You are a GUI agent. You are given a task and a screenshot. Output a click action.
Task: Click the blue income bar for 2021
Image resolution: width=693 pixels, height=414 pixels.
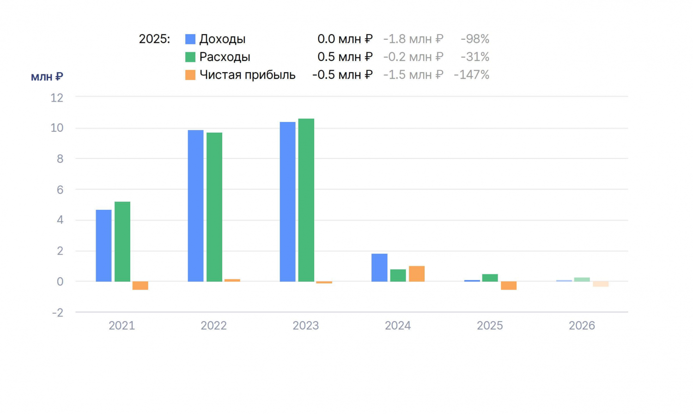click(x=103, y=246)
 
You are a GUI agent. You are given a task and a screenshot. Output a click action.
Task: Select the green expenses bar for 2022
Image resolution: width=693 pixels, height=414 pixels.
click(x=214, y=207)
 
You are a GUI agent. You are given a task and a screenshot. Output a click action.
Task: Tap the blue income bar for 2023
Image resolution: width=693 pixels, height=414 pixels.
click(x=288, y=202)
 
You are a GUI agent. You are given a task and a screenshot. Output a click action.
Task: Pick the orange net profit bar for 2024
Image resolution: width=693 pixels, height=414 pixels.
click(x=417, y=274)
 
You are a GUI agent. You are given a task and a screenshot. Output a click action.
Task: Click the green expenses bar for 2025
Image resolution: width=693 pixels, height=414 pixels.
click(x=490, y=278)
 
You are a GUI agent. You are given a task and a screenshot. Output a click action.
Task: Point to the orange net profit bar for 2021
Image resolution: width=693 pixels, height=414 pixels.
click(x=140, y=286)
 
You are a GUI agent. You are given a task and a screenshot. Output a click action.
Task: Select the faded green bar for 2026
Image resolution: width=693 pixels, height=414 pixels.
click(x=582, y=280)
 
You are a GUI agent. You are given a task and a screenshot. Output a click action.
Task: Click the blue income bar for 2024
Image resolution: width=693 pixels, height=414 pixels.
click(x=380, y=268)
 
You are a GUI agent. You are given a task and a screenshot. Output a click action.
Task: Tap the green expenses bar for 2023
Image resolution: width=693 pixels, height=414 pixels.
click(x=306, y=200)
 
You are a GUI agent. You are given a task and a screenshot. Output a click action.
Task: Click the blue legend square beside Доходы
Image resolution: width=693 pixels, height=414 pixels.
click(x=190, y=39)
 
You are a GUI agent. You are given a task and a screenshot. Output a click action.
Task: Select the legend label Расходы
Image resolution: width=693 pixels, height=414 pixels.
click(x=225, y=57)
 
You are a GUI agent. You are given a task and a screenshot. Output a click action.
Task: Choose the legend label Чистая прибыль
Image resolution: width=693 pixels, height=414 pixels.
click(x=248, y=75)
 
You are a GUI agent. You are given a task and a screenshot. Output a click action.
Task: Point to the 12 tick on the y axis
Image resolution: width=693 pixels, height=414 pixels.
click(x=57, y=98)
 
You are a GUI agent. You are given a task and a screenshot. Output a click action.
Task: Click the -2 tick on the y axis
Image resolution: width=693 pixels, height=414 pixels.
click(x=58, y=312)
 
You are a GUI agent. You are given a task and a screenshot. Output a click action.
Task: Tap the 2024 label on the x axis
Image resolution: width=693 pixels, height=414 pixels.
click(x=398, y=325)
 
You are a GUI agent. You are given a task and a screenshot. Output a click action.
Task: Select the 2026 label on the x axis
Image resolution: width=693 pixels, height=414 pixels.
click(x=582, y=325)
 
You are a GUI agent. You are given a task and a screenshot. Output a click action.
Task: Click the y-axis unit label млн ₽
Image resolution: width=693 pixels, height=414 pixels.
click(x=47, y=77)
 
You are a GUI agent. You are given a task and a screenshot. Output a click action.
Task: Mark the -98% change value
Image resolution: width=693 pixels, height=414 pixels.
click(x=475, y=39)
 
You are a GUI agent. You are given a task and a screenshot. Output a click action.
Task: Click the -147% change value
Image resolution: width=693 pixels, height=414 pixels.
click(x=472, y=75)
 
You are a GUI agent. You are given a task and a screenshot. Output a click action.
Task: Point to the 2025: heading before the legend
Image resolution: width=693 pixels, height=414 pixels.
click(x=154, y=39)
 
